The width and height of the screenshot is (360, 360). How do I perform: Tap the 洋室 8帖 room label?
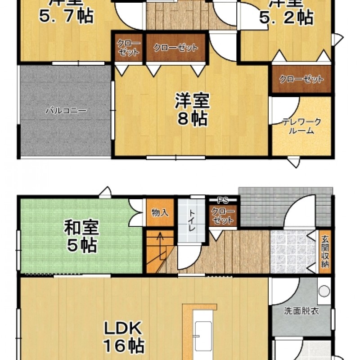(x=191, y=109)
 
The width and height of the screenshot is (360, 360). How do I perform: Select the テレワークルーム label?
(x=301, y=126)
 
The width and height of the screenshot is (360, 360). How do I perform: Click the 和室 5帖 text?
(x=81, y=236)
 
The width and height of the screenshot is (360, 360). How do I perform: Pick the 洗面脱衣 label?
(x=301, y=311)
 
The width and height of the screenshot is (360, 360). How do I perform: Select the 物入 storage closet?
(x=160, y=212)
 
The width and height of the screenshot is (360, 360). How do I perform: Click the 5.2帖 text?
(x=286, y=17)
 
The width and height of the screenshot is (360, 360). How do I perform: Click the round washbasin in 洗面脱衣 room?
(x=324, y=291)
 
